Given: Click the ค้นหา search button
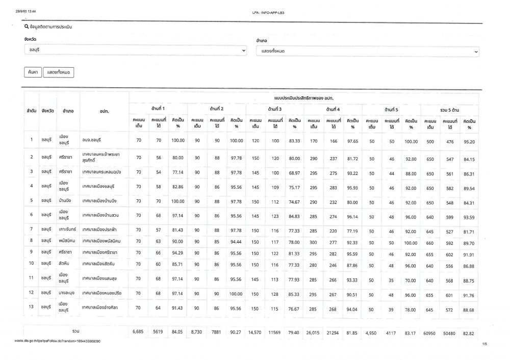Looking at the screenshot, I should (32, 72).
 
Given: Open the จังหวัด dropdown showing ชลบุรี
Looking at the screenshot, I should (135, 51).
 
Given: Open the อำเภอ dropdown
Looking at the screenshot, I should (367, 52).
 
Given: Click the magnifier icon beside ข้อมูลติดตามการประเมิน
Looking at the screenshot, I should (27, 27).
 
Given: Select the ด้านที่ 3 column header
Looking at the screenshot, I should (275, 109).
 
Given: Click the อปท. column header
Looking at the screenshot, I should (105, 110).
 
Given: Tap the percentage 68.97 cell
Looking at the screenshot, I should (294, 172).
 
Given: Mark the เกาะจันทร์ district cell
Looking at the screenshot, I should (67, 229).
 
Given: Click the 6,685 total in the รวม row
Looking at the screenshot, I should (138, 332).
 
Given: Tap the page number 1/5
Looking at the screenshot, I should (484, 345).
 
